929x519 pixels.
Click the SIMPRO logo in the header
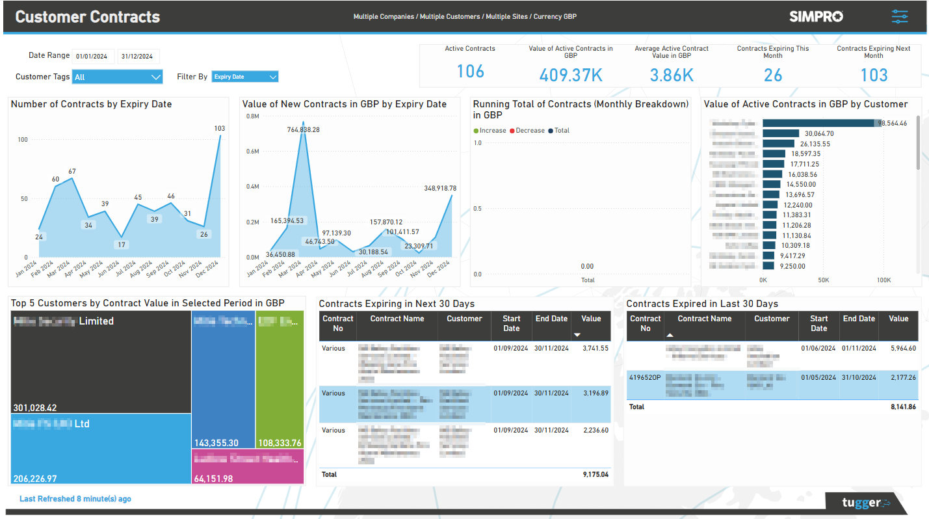pos(816,16)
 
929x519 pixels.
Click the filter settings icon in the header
pos(900,16)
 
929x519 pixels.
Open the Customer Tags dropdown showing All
pos(117,77)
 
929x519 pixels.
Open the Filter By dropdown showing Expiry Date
pos(245,77)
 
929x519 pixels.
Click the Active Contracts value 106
pos(470,72)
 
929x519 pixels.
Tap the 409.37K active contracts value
pos(570,75)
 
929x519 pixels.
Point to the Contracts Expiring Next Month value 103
pos(873,75)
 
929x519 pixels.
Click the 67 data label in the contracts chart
pos(72,172)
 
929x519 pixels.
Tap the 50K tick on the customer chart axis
pos(823,280)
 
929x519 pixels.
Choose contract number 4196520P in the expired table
pos(644,377)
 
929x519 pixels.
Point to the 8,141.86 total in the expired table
pos(902,407)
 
